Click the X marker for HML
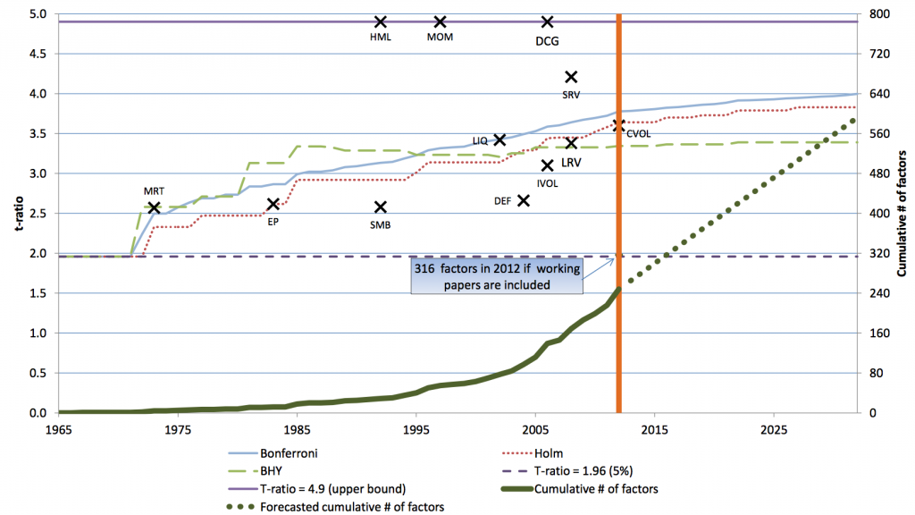(x=380, y=21)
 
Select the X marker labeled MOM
(x=440, y=21)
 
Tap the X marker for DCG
(x=547, y=21)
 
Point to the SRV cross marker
(x=571, y=77)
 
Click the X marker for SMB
(x=380, y=207)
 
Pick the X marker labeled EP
(x=273, y=205)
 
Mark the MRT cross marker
(x=154, y=207)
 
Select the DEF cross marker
(x=524, y=200)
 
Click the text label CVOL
(x=638, y=134)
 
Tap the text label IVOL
(x=548, y=182)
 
